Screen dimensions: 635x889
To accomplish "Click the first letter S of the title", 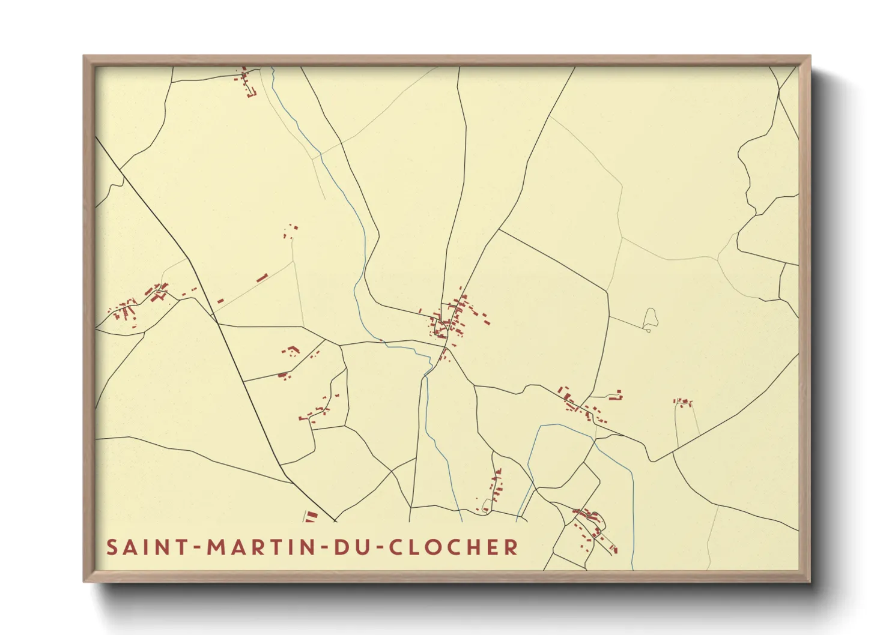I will (x=112, y=547).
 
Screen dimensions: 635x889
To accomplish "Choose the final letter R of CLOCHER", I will (x=512, y=547).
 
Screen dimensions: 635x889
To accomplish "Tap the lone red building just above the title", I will (x=311, y=516).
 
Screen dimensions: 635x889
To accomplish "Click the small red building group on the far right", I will (x=683, y=402).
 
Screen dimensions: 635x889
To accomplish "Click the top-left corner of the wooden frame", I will (x=84, y=56).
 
